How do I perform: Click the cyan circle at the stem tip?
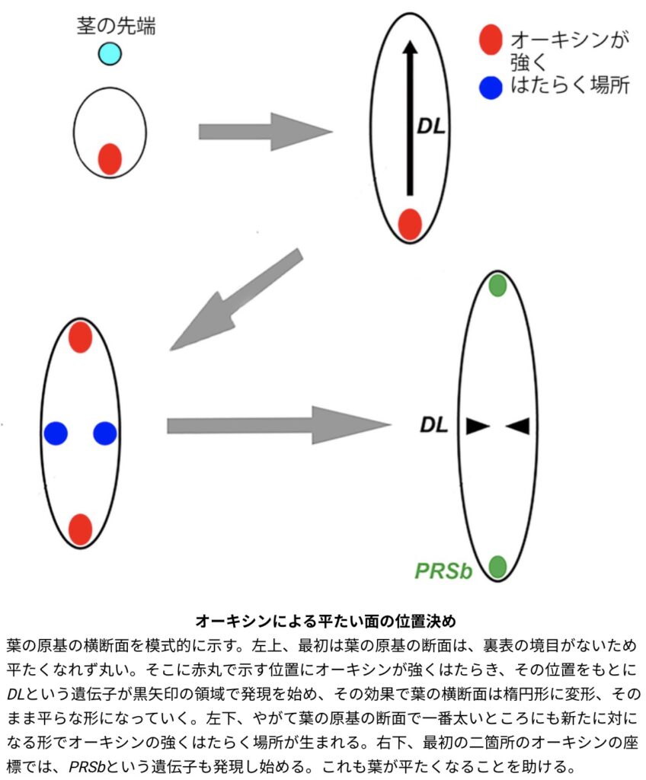click(x=110, y=53)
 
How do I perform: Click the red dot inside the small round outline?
click(x=110, y=159)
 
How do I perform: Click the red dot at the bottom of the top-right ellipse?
click(x=410, y=224)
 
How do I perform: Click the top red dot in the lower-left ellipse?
click(x=80, y=337)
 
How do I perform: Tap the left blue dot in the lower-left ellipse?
click(x=56, y=433)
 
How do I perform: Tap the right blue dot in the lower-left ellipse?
click(x=104, y=433)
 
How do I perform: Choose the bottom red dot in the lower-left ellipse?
click(x=80, y=529)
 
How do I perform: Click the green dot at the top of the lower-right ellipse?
click(x=497, y=285)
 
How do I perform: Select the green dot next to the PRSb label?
click(x=497, y=566)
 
